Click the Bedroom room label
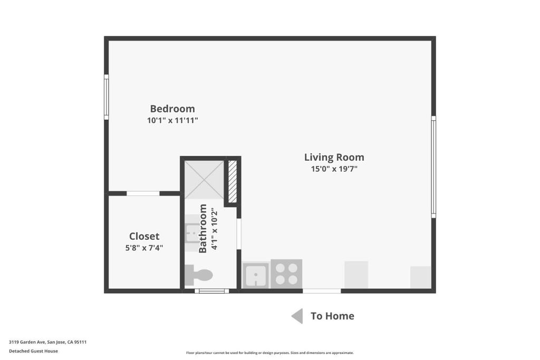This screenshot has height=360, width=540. (x=172, y=109)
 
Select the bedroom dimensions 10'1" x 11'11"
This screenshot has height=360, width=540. (x=172, y=121)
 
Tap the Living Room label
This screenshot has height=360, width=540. (x=334, y=157)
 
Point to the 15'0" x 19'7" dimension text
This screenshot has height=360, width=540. (x=334, y=169)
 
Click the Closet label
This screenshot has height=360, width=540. (x=144, y=237)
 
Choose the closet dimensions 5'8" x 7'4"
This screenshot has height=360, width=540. (x=144, y=248)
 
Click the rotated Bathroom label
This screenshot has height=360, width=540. (x=203, y=229)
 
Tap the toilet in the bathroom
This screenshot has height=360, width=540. (x=198, y=275)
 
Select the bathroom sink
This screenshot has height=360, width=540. (x=191, y=233)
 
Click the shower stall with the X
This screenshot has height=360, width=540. (x=204, y=180)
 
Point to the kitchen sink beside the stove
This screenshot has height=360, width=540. (x=256, y=275)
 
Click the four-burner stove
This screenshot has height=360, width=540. (x=286, y=274)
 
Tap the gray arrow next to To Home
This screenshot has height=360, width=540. (x=297, y=316)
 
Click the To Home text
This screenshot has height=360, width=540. (x=332, y=316)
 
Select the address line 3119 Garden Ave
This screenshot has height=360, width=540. (x=48, y=342)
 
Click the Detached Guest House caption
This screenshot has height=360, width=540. (x=33, y=351)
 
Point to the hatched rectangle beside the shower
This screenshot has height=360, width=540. (x=233, y=181)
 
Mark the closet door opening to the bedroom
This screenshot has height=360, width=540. (x=143, y=193)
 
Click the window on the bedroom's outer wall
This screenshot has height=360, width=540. (x=107, y=97)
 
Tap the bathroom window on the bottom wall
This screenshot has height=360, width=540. (x=212, y=291)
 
